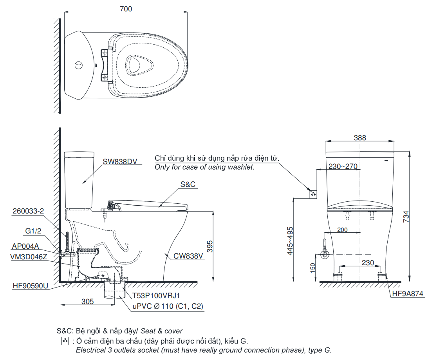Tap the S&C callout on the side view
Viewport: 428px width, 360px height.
pos(188,185)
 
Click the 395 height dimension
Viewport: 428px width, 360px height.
pos(210,246)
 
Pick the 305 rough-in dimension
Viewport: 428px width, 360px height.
pos(87,301)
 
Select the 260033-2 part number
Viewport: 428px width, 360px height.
pos(28,211)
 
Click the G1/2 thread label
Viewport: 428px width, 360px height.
pos(33,231)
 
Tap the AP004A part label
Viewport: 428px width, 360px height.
pos(26,246)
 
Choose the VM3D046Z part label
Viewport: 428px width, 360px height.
pos(29,257)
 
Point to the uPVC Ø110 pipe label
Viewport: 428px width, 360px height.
pos(167,306)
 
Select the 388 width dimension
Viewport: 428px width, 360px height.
pos(360,137)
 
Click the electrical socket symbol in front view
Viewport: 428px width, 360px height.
pos(313,194)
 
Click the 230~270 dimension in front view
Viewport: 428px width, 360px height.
pos(343,166)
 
